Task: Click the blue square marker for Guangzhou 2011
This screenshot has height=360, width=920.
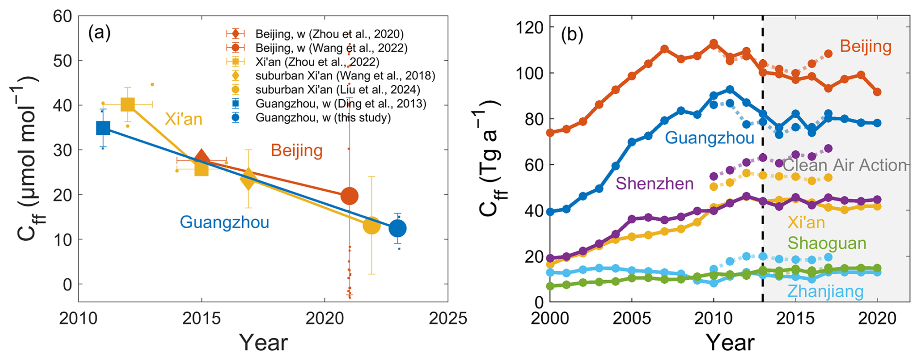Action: (x=103, y=128)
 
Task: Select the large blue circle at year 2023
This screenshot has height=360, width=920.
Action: (x=398, y=228)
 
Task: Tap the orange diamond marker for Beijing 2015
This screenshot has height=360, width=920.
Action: (x=202, y=159)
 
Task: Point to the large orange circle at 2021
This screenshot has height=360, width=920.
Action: (x=349, y=196)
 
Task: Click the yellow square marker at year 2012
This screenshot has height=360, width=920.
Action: (x=128, y=105)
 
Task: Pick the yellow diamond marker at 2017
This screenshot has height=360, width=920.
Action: (x=248, y=179)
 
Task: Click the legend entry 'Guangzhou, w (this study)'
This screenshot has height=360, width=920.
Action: (x=323, y=118)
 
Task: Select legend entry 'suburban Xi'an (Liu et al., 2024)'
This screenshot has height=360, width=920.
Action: (x=337, y=90)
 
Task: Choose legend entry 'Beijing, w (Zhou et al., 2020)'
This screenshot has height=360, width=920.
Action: (x=329, y=34)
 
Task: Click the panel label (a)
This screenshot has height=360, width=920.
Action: (x=99, y=33)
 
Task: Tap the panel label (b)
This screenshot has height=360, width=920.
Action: (x=572, y=35)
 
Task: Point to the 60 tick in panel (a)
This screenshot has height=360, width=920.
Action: (x=62, y=17)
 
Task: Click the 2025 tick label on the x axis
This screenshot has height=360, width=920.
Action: (x=447, y=319)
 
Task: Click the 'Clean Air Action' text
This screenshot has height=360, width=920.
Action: (x=845, y=165)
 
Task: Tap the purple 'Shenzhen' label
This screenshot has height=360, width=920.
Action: (x=654, y=184)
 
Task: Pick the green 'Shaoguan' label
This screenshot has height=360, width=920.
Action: (x=827, y=243)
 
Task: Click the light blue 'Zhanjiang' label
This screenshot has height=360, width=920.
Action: (x=825, y=291)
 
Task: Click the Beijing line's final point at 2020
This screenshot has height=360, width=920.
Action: (x=877, y=92)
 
